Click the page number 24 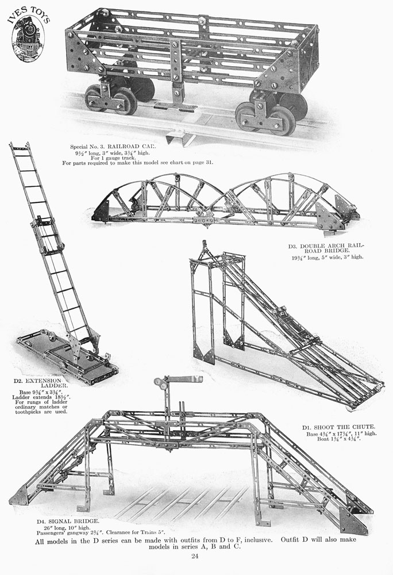pyautogui.click(x=195, y=556)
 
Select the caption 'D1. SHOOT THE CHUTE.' pyautogui.click(x=338, y=427)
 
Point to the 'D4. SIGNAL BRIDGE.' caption pyautogui.click(x=68, y=521)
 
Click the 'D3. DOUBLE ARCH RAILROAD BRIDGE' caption pyautogui.click(x=327, y=248)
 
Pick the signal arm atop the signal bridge pyautogui.click(x=184, y=379)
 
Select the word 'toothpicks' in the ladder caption pyautogui.click(x=26, y=412)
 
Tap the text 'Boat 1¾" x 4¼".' pyautogui.click(x=339, y=438)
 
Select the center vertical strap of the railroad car pyautogui.click(x=176, y=74)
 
